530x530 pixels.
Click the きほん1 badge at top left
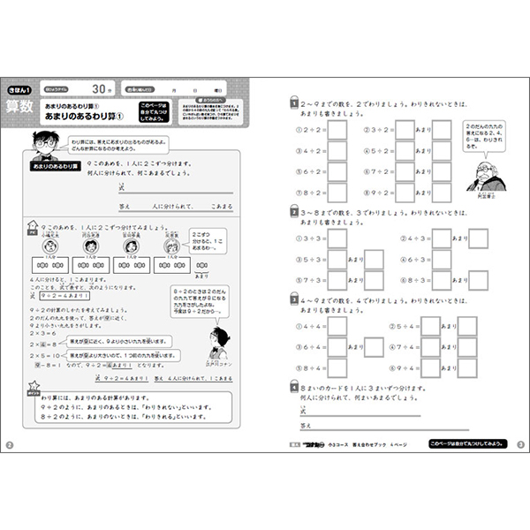coord(20,88)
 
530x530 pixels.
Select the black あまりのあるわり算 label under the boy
coord(56,166)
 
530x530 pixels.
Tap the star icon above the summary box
coord(34,387)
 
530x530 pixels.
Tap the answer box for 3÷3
coord(337,238)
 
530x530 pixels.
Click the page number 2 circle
coord(10,443)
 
